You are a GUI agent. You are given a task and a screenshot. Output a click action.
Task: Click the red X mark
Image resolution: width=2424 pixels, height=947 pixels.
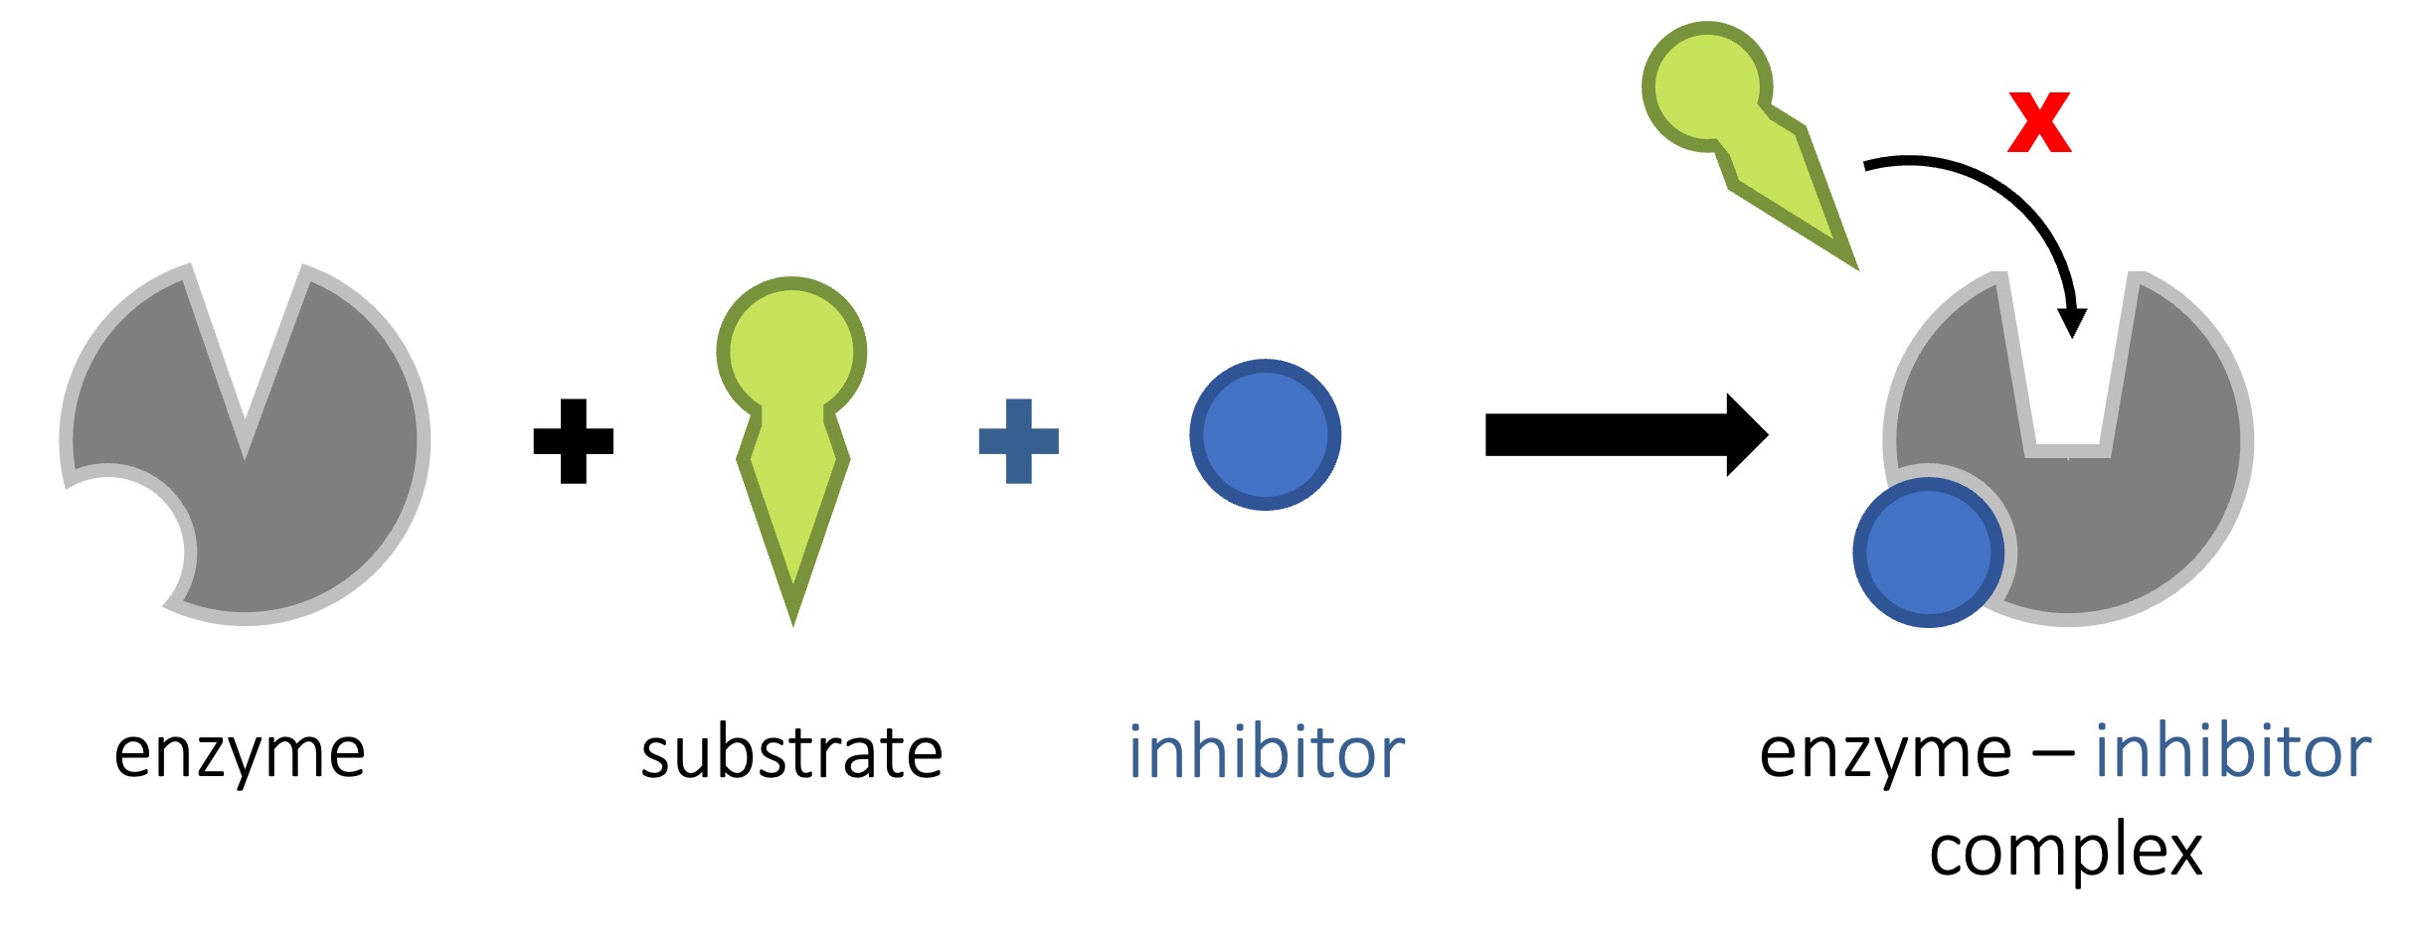[2038, 122]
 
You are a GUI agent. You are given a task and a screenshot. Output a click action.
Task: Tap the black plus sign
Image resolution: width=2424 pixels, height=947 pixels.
[573, 441]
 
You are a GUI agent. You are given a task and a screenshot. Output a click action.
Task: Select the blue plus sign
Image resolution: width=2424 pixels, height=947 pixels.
[1018, 441]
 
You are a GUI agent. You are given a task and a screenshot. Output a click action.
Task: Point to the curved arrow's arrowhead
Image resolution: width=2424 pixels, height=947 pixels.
[2072, 323]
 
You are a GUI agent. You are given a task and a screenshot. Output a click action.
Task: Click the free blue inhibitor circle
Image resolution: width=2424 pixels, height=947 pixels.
[1265, 435]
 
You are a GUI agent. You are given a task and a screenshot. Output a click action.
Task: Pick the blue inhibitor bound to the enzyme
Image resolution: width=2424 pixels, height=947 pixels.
[1928, 552]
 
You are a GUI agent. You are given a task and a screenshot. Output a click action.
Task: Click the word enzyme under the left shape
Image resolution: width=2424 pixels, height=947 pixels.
[240, 752]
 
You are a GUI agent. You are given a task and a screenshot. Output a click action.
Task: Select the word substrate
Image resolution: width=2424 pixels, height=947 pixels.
[791, 752]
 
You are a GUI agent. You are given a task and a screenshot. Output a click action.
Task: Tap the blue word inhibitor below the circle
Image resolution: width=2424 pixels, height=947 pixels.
[1266, 752]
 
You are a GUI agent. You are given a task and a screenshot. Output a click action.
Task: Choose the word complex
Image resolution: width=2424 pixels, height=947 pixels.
[2065, 851]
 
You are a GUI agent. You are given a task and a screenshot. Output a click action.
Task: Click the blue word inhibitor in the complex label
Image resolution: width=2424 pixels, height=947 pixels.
[2232, 752]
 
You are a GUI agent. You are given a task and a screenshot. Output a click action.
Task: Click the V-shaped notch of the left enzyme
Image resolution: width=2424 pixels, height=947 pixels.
[245, 397]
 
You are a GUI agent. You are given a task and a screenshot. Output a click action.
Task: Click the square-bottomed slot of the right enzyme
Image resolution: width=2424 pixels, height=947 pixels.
[2068, 397]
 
